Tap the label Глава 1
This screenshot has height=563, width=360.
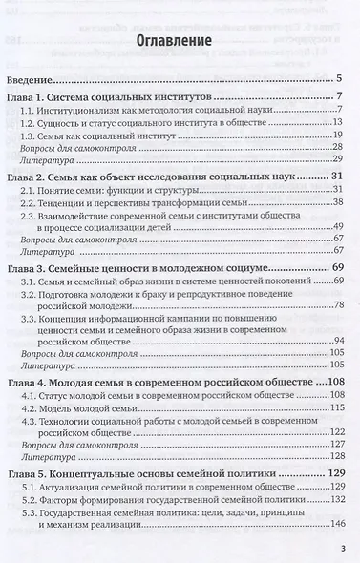tap(35, 99)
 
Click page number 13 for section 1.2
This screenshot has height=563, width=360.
tap(337, 122)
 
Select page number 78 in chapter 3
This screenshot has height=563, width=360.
tap(337, 304)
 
